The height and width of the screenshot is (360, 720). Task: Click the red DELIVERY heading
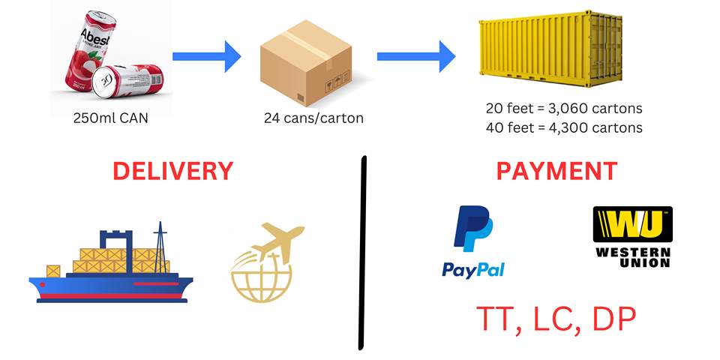[x=173, y=170]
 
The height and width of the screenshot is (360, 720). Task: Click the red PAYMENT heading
[x=556, y=170]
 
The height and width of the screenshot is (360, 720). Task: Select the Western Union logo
[x=632, y=236]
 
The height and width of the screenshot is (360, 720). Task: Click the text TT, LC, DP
[x=556, y=319]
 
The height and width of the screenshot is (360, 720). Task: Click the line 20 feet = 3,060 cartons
[x=564, y=107]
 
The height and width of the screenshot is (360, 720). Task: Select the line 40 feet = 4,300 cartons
[x=564, y=127]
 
